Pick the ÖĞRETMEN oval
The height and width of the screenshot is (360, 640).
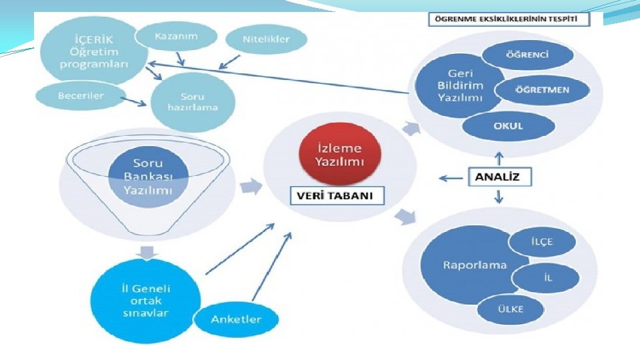[541, 90]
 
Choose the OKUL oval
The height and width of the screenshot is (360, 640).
[507, 125]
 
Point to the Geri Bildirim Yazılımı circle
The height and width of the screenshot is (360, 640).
[460, 85]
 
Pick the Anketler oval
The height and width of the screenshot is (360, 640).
[236, 319]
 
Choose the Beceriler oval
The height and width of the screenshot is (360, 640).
[81, 96]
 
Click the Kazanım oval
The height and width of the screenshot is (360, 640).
[176, 37]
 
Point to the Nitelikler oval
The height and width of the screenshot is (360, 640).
[266, 39]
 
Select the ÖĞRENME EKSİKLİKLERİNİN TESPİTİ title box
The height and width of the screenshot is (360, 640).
[509, 19]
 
